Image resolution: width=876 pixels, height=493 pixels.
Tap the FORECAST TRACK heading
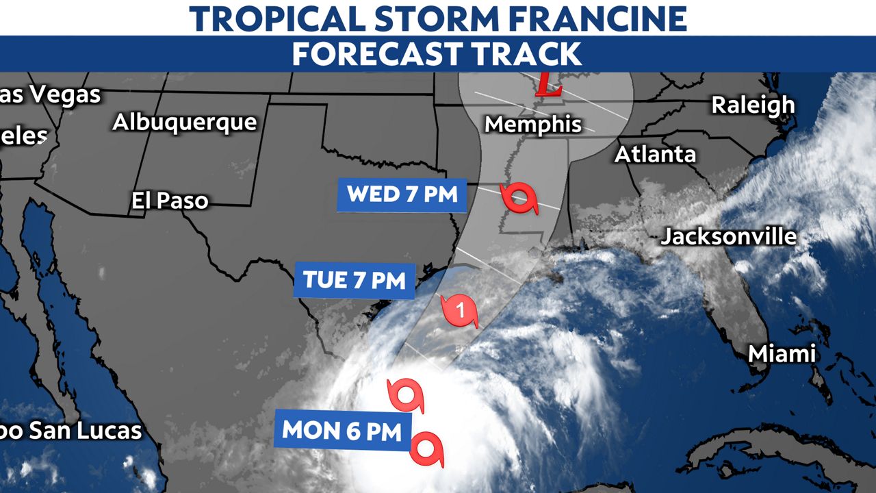point(437,53)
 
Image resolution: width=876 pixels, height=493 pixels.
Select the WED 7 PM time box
point(402,194)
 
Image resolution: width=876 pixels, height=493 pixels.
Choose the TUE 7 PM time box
point(355,280)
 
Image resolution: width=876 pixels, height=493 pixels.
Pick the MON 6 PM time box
point(342,430)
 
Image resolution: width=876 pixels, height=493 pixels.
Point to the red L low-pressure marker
point(548,85)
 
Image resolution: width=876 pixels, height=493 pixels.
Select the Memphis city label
point(533,125)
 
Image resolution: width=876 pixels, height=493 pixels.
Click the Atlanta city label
point(655,155)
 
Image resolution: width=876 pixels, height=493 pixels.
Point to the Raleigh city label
point(753,105)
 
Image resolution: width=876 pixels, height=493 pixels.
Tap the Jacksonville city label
point(728,237)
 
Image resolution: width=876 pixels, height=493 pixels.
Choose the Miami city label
point(782,354)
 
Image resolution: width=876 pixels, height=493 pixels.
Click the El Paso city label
point(170,201)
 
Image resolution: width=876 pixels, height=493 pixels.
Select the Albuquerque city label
point(185,123)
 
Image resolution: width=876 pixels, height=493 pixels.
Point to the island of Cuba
point(773,445)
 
